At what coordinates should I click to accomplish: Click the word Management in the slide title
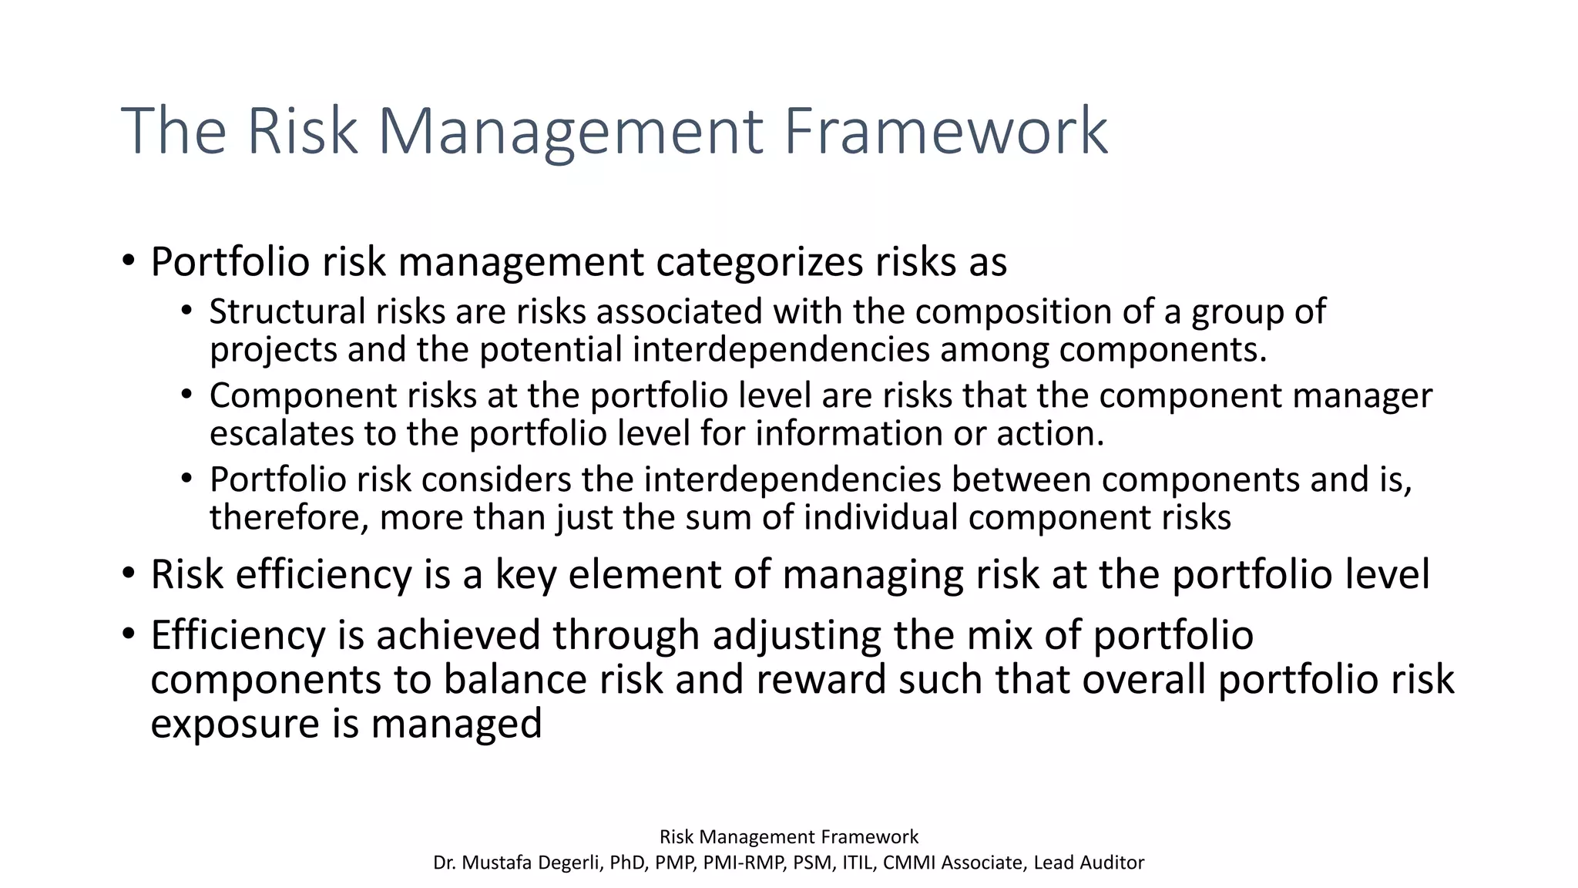click(x=569, y=131)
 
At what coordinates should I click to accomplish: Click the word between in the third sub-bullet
click(x=1021, y=479)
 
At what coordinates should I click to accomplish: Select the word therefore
click(x=289, y=517)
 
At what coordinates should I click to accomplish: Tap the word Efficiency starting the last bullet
click(x=238, y=636)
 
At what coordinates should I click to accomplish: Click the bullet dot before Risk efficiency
click(x=129, y=574)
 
